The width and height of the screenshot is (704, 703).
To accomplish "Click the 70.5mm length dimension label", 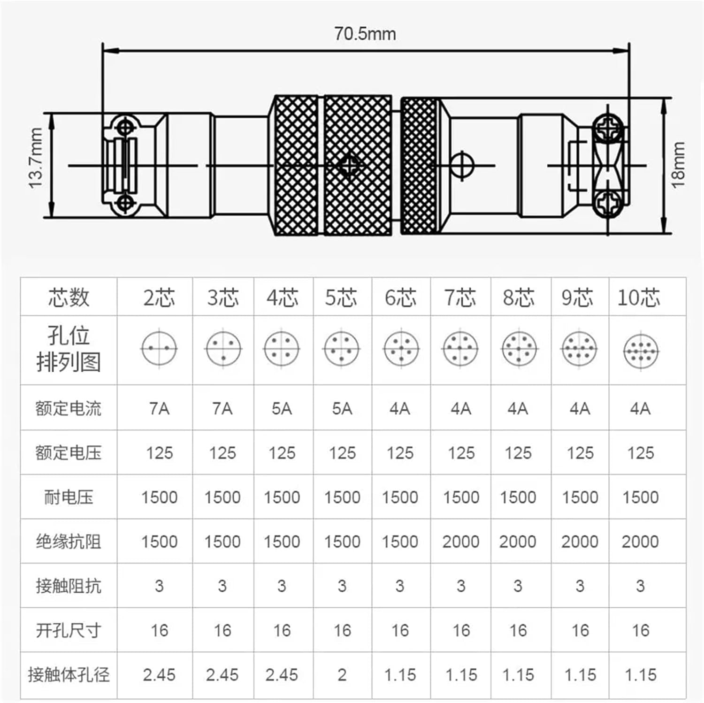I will (365, 34).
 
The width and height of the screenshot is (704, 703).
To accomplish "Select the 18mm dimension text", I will (678, 165).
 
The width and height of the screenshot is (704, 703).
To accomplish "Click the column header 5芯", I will (342, 298).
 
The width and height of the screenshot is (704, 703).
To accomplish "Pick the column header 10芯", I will (639, 298).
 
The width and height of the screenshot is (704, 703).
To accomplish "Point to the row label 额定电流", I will (69, 408).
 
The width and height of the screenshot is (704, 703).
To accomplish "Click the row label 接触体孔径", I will (69, 675).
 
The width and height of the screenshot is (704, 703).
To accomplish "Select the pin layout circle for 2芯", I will (159, 348).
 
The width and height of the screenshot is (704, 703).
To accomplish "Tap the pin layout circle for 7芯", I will (460, 349).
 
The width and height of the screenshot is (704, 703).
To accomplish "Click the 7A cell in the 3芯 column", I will (222, 409).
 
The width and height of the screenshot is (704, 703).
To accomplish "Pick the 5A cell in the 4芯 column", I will (282, 409).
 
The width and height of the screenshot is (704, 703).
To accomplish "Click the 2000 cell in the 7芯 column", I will (460, 542).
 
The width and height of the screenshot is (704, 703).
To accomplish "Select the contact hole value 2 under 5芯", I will (342, 675).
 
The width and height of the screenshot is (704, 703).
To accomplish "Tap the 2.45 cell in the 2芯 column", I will (159, 675).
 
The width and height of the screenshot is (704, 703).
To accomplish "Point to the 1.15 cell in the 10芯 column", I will (640, 675).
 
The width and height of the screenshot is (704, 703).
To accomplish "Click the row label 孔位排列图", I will (69, 349).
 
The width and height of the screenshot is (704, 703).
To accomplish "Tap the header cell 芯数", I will (69, 298).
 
